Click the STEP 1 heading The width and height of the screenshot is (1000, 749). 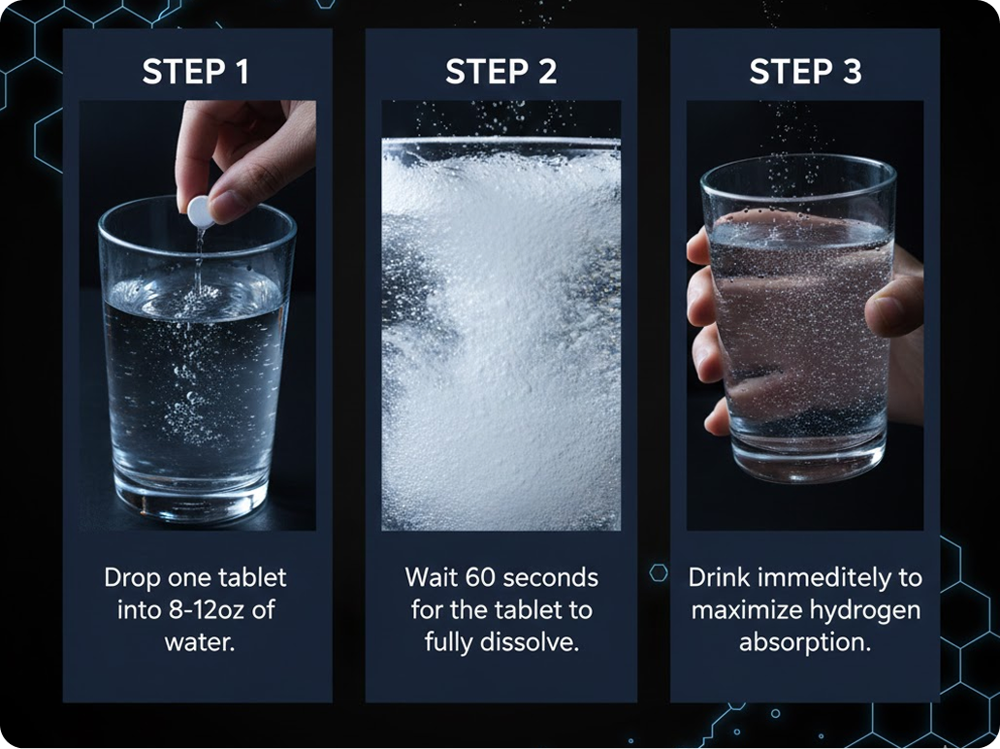pyautogui.click(x=195, y=72)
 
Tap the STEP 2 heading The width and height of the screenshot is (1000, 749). pyautogui.click(x=501, y=72)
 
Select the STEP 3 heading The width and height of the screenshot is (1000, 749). pyautogui.click(x=805, y=72)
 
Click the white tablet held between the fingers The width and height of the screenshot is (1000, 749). pyautogui.click(x=200, y=211)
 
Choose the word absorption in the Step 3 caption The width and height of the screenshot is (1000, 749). pyautogui.click(x=805, y=643)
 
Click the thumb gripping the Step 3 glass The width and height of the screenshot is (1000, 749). pyautogui.click(x=896, y=305)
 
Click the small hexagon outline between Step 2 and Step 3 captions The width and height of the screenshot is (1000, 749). pyautogui.click(x=659, y=572)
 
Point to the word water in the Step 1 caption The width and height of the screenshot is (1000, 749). pyautogui.click(x=200, y=642)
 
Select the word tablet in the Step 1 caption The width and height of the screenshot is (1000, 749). pyautogui.click(x=252, y=578)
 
